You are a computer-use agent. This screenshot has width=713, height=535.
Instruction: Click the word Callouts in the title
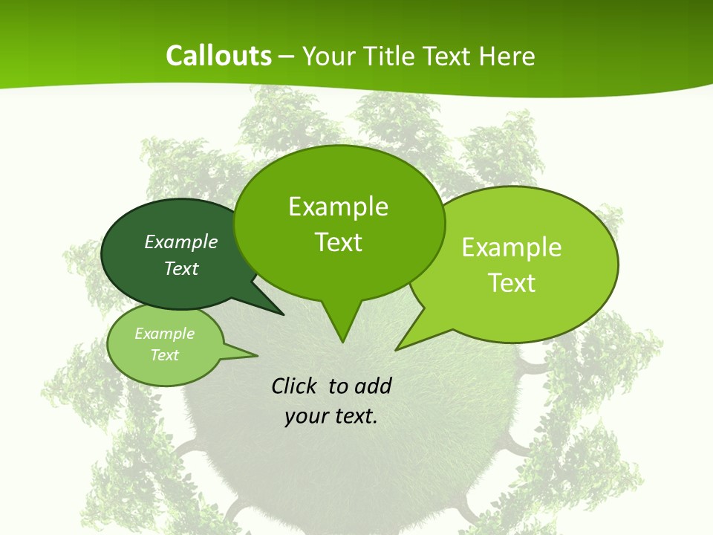(x=218, y=56)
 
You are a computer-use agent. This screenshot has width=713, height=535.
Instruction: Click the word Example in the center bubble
(x=339, y=207)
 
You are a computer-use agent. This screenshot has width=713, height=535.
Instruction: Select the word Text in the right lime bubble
(x=512, y=283)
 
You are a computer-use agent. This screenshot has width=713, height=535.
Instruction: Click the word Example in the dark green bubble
(x=181, y=242)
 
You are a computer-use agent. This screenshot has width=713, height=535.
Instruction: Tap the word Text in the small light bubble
(x=165, y=355)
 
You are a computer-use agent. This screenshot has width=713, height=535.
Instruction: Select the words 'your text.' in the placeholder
(x=331, y=416)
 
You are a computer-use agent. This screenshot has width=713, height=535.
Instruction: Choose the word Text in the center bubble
(x=339, y=242)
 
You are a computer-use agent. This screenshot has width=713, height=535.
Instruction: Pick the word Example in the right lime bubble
(x=512, y=247)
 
